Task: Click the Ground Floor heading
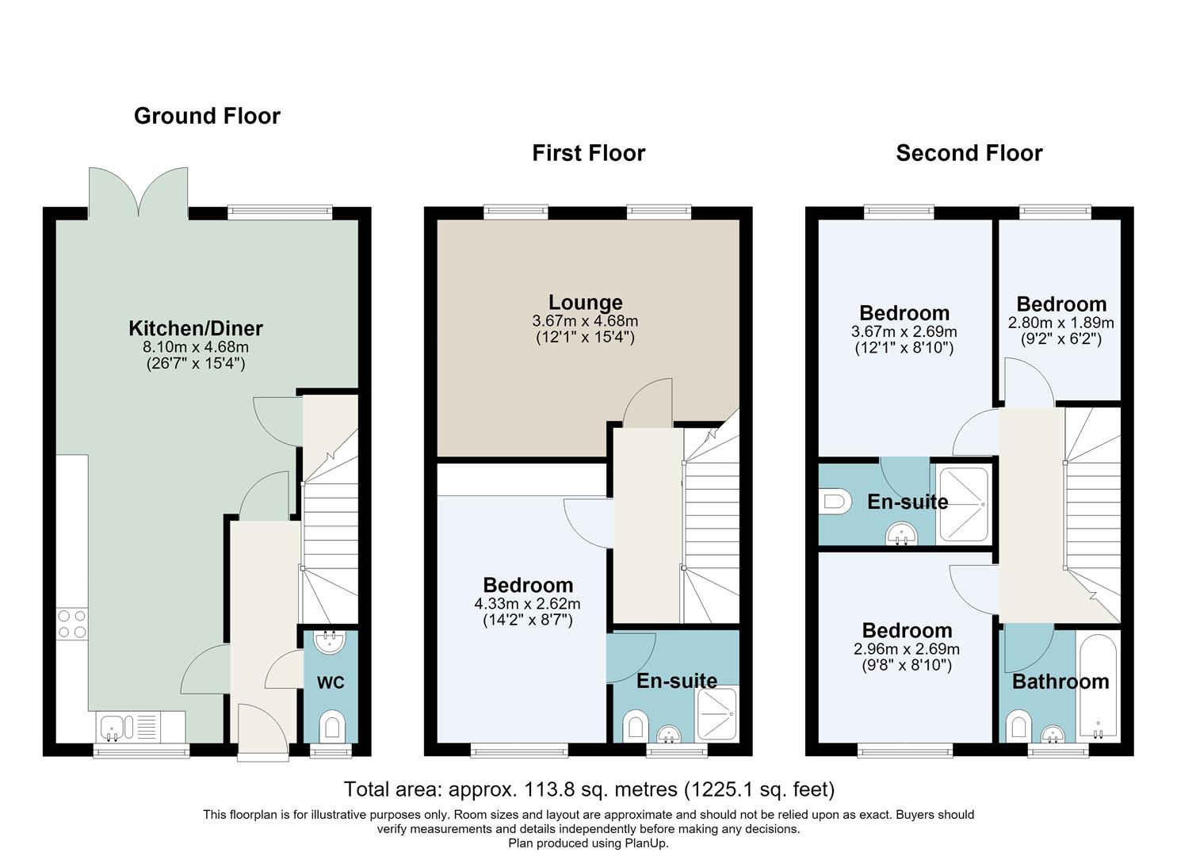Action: [x=207, y=117]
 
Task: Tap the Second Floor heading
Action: [x=969, y=154]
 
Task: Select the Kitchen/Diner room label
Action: [x=196, y=328]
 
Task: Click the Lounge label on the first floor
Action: [x=586, y=302]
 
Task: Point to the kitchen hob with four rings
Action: [x=72, y=623]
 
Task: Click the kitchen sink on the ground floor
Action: [x=141, y=727]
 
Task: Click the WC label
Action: [x=331, y=682]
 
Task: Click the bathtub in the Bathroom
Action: [x=1099, y=686]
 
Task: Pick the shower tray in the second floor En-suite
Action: [x=964, y=505]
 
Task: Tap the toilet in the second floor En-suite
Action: [x=835, y=501]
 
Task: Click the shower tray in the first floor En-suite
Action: [x=717, y=714]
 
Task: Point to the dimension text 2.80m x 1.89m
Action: [x=1060, y=323]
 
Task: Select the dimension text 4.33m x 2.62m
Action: [x=527, y=604]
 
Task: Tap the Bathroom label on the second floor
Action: [x=1060, y=682]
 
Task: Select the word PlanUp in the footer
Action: [x=645, y=843]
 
